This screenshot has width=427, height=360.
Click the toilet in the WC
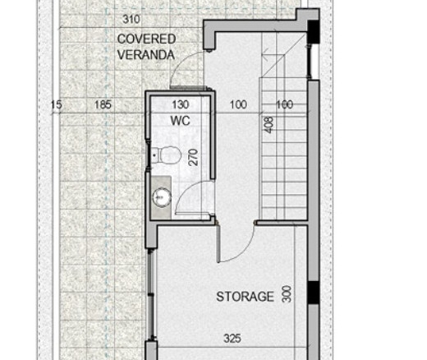coord(167,155)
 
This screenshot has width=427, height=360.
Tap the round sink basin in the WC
coord(162,197)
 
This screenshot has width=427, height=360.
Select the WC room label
coord(180,121)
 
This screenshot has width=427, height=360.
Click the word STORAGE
coord(245,297)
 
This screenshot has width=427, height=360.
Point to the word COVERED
coord(146,39)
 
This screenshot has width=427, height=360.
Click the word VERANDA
coord(146,55)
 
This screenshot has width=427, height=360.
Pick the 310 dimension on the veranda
coord(131,19)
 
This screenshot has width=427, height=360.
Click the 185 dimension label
coord(103,104)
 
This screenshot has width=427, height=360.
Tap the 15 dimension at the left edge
coord(57,104)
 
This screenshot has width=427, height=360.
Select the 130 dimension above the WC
coord(181,104)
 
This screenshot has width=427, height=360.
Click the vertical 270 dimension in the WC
coord(193,157)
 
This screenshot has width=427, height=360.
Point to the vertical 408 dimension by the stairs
coord(269,125)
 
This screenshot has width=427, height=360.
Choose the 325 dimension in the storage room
coord(232,339)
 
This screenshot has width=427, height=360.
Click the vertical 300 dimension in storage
coord(287,293)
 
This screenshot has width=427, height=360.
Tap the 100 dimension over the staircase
coord(285,104)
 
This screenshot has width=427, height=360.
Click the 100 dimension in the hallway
coord(238,104)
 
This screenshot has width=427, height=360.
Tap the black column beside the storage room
coord(314,293)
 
